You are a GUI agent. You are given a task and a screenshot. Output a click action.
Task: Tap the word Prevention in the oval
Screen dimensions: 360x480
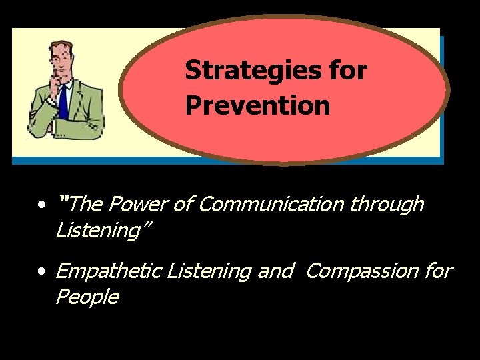click(x=257, y=105)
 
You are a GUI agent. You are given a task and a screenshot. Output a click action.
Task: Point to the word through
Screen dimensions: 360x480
click(x=387, y=204)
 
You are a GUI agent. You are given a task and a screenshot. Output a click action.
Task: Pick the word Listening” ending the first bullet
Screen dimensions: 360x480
click(x=103, y=231)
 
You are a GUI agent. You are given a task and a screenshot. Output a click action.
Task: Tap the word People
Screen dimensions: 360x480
click(x=87, y=297)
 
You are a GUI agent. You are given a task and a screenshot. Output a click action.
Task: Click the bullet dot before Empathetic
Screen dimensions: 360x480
click(x=43, y=272)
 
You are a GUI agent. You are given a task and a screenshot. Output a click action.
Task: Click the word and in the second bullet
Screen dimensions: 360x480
click(x=277, y=271)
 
